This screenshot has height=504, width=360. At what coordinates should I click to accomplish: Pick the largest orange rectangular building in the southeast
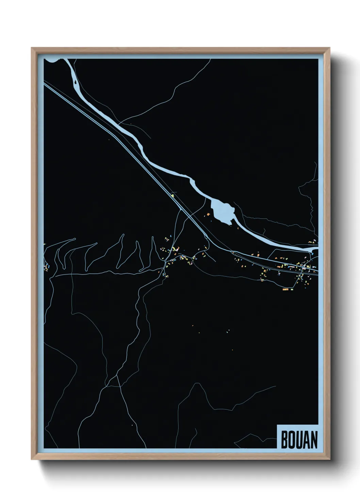pos(285,289)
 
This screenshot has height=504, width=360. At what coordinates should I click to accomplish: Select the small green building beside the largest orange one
pos(291,289)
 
